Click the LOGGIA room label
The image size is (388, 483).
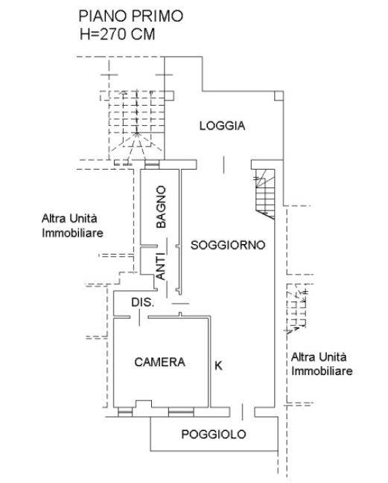click(x=222, y=126)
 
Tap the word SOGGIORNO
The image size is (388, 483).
click(x=228, y=245)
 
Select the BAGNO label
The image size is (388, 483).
click(x=161, y=207)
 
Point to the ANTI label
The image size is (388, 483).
click(x=161, y=266)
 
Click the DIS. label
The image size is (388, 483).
click(x=143, y=302)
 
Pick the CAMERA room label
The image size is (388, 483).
click(x=159, y=362)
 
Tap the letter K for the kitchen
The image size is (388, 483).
click(x=218, y=365)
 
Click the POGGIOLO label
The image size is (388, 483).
click(x=213, y=435)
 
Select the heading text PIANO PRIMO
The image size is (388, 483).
click(x=131, y=16)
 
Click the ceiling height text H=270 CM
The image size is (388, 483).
click(x=118, y=34)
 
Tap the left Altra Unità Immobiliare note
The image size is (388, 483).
click(x=72, y=225)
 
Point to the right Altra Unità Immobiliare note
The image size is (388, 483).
click(x=322, y=364)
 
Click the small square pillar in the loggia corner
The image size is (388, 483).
click(x=279, y=96)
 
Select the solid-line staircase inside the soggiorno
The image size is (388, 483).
click(x=264, y=193)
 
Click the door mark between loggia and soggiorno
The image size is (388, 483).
click(x=223, y=164)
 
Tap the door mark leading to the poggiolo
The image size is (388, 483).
click(x=242, y=412)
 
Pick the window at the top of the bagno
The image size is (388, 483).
click(x=152, y=164)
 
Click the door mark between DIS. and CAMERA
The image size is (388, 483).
click(x=139, y=318)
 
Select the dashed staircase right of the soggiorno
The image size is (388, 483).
click(x=297, y=309)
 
